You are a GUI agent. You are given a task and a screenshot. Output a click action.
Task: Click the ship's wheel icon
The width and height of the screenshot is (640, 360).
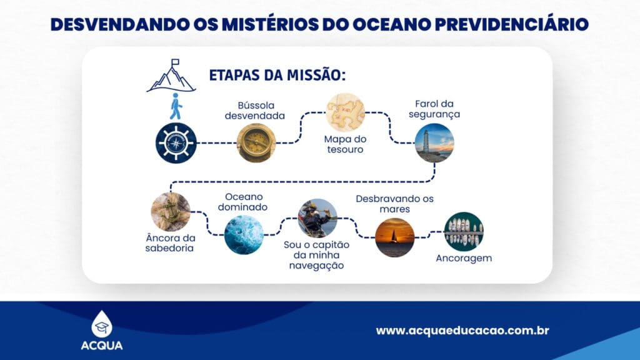176,143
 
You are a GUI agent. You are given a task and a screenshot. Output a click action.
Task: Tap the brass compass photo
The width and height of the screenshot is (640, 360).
256,143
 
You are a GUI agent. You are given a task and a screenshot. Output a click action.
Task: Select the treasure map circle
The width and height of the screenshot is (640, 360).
345,112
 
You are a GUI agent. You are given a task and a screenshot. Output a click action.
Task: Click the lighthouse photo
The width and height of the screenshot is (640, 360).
434,143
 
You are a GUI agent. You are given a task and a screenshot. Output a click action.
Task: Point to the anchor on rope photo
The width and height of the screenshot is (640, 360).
171,212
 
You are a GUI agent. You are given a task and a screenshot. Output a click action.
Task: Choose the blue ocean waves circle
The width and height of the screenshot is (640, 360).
244,235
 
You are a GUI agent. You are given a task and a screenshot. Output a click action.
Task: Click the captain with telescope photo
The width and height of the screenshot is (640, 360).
317,218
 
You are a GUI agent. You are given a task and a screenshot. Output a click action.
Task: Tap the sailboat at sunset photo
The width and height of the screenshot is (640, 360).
395,237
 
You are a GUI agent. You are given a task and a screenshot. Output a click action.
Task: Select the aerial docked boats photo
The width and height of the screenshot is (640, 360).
464,231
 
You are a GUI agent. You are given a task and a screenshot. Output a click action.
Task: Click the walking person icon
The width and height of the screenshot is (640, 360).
176,106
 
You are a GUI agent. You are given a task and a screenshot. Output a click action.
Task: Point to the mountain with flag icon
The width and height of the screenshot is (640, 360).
171,76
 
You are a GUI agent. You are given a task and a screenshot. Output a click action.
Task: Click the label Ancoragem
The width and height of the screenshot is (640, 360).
464,258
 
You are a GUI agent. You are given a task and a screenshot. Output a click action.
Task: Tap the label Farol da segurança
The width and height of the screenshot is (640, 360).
434,109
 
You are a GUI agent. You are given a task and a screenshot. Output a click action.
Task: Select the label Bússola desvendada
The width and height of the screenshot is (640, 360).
255,111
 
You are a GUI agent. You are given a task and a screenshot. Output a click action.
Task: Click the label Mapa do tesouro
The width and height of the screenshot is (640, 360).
345,144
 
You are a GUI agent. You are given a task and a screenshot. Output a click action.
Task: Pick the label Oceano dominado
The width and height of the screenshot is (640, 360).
243,202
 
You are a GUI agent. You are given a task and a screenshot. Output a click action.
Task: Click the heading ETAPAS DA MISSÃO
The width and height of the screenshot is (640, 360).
277,75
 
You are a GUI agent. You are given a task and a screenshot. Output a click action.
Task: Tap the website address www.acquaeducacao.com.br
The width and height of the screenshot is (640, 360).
462,330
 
